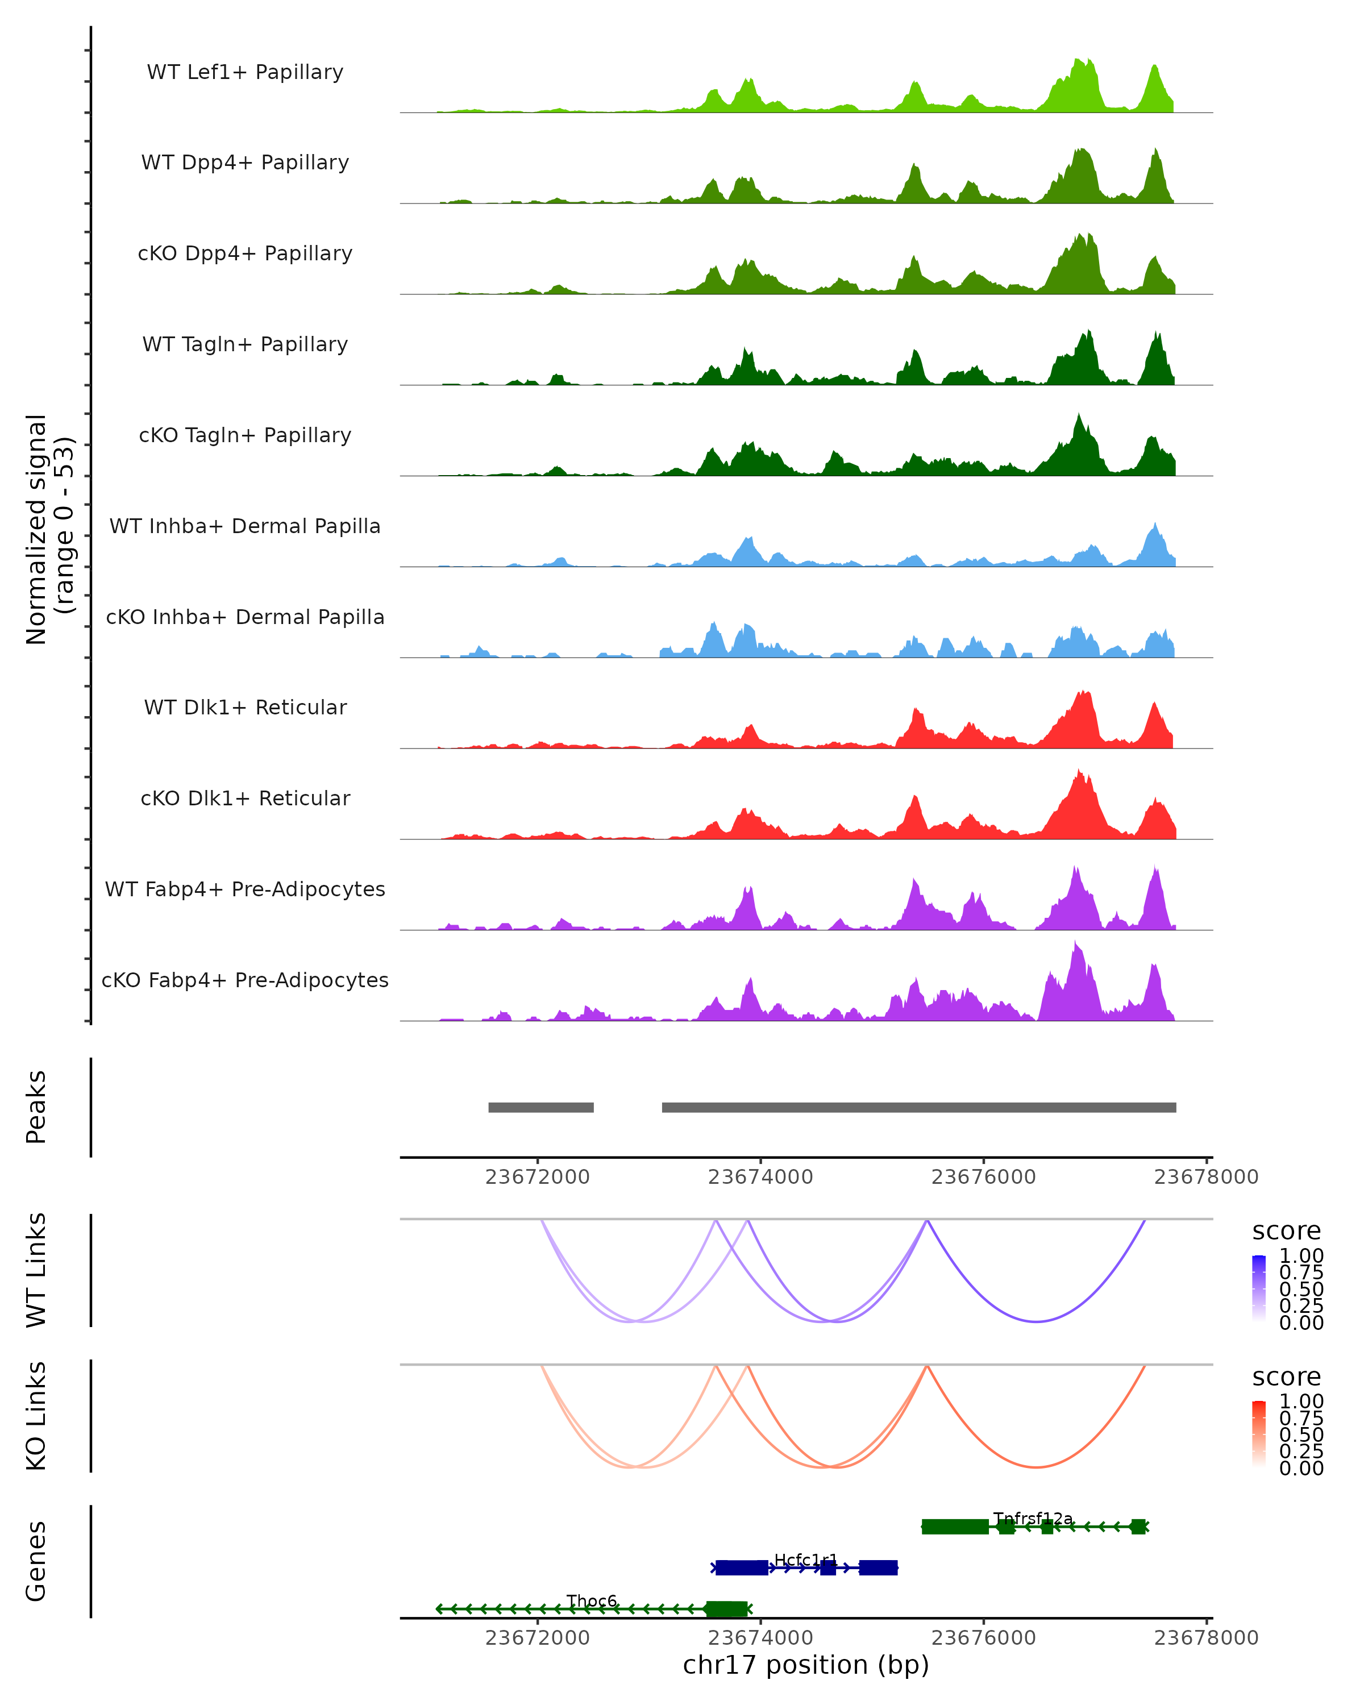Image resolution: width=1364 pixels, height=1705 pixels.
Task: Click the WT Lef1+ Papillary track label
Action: click(245, 72)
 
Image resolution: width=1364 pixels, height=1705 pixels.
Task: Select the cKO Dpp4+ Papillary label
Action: click(245, 254)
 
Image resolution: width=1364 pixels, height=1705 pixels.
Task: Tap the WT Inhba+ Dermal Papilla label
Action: click(245, 527)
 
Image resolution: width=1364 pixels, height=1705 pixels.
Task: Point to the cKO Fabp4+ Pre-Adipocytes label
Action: click(245, 980)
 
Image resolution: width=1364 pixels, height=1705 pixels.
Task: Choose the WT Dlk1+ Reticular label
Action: click(245, 708)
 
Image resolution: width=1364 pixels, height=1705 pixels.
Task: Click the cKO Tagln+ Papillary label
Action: click(245, 436)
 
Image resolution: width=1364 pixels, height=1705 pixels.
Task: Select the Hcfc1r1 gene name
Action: click(805, 1560)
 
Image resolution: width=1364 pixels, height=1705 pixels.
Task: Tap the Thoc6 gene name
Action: click(592, 1600)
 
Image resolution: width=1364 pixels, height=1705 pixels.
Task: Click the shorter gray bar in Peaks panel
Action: click(541, 1108)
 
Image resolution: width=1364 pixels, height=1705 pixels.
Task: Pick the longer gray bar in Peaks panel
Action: click(919, 1108)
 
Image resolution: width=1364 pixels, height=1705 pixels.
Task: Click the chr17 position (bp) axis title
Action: click(806, 1665)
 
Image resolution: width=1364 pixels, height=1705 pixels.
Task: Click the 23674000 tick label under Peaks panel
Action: click(760, 1178)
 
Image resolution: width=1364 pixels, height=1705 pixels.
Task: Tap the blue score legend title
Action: click(1287, 1232)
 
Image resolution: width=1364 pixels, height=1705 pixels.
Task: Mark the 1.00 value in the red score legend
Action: click(1301, 1402)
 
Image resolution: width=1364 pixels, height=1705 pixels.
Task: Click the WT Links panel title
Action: click(36, 1270)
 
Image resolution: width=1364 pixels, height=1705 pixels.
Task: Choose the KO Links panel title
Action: click(36, 1416)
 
